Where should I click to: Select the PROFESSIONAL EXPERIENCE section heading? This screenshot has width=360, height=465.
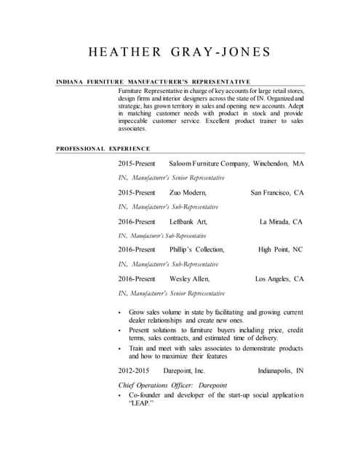pyautogui.click(x=103, y=149)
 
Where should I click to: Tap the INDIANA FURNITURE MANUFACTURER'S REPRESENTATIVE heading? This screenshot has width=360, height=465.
pyautogui.click(x=153, y=81)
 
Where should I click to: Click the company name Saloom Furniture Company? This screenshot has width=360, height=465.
pyautogui.click(x=209, y=163)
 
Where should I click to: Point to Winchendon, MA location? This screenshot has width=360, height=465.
pyautogui.click(x=279, y=163)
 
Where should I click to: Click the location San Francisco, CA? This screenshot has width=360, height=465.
pyautogui.click(x=277, y=193)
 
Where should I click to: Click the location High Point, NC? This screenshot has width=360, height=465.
pyautogui.click(x=280, y=250)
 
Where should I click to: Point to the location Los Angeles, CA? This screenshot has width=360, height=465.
pyautogui.click(x=279, y=279)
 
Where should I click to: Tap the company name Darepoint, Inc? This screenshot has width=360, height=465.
pyautogui.click(x=184, y=371)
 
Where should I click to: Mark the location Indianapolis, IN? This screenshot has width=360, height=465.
pyautogui.click(x=281, y=371)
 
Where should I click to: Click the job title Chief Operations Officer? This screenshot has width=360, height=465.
pyautogui.click(x=157, y=385)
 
